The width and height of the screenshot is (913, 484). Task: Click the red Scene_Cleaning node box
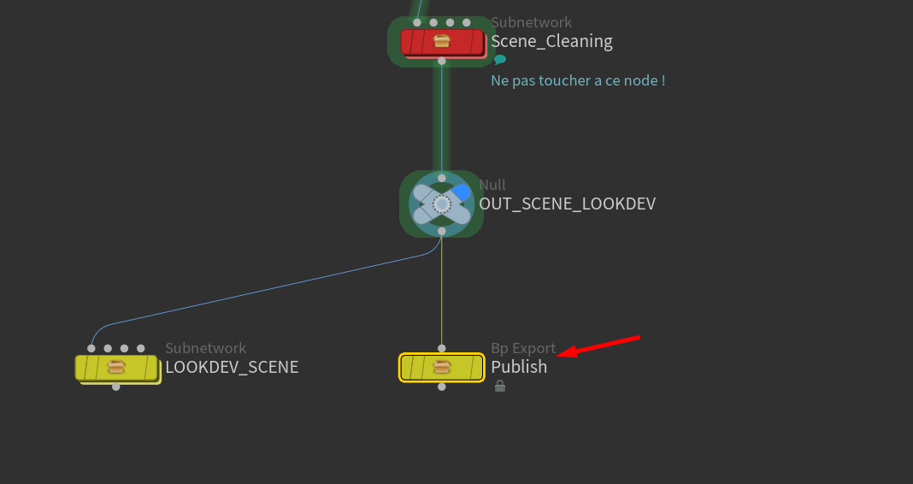[x=442, y=41]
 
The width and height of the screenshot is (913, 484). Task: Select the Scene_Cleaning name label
[x=551, y=41]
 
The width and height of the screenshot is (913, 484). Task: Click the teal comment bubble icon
[x=500, y=60]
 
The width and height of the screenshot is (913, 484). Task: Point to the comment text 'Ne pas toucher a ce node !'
[x=578, y=80]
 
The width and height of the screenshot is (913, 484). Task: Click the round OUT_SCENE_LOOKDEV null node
[x=441, y=204]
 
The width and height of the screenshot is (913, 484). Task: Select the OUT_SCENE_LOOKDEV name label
[x=568, y=204]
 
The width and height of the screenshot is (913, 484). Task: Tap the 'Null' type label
[x=492, y=185]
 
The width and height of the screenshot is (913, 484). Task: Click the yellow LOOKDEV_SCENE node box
[x=116, y=368]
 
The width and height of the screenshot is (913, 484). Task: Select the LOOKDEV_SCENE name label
[x=232, y=367]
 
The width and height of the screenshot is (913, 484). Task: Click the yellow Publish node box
[x=442, y=367]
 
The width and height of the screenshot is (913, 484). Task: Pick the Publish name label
[x=519, y=367]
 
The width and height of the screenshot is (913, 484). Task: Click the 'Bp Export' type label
[x=523, y=348]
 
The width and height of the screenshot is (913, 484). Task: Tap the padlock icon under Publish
[x=500, y=387]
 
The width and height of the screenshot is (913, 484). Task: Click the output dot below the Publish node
[x=442, y=387]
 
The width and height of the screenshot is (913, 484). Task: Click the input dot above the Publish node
[x=442, y=348]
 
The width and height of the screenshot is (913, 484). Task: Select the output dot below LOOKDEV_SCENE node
[x=116, y=387]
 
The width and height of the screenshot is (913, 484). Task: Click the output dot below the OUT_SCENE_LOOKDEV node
[x=442, y=231]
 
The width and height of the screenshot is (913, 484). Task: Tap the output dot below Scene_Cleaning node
[x=442, y=62]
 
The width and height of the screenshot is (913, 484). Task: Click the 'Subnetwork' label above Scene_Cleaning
[x=531, y=22]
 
